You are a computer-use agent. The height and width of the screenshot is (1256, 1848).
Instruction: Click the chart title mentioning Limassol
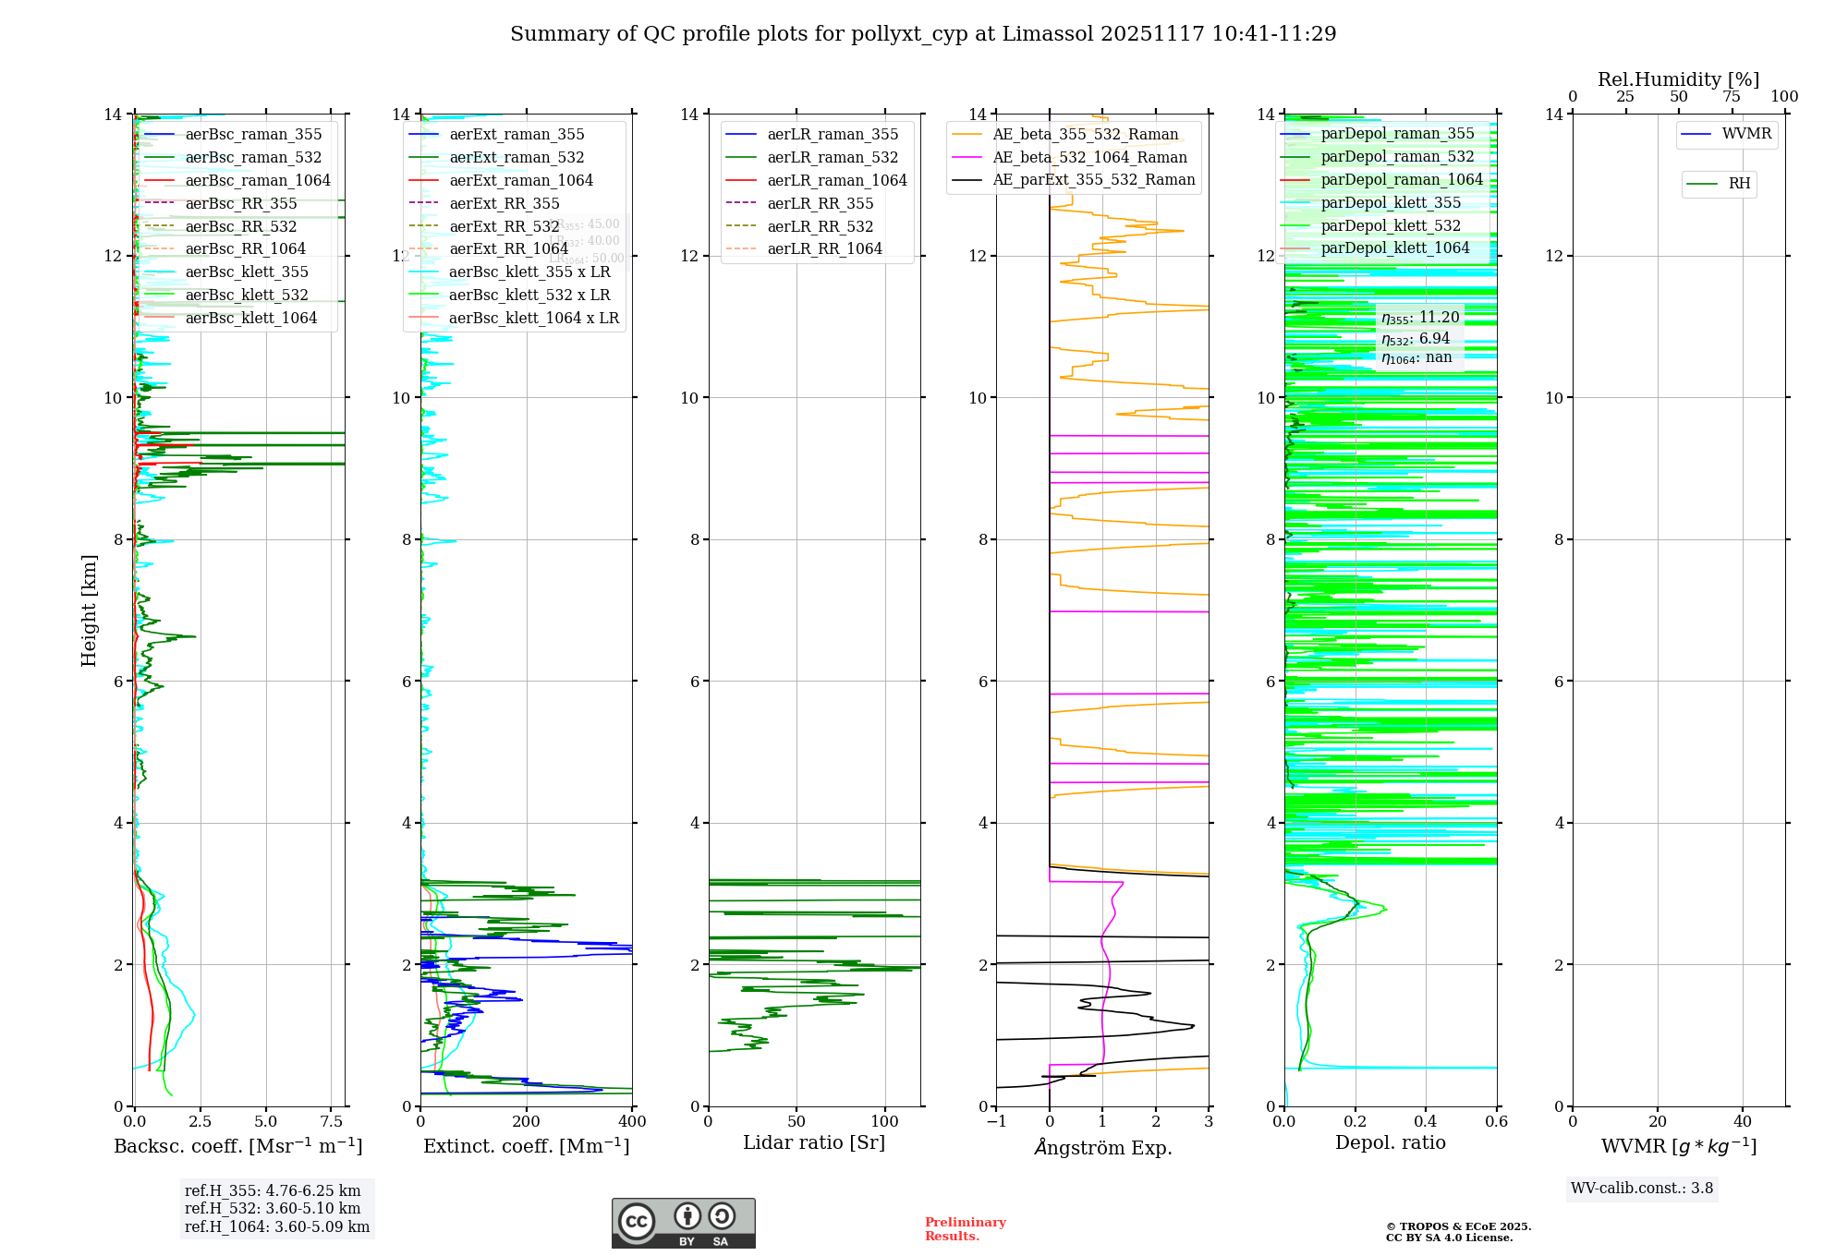(923, 34)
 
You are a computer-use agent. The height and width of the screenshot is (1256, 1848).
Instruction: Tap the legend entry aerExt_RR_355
(505, 203)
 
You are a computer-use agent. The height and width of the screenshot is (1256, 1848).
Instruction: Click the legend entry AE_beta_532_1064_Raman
(1089, 157)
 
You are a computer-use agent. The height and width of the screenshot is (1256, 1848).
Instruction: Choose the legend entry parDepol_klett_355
(1391, 202)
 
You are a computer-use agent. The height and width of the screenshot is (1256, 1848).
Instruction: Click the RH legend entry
(1739, 184)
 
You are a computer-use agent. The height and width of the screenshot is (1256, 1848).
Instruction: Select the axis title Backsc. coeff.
(238, 1146)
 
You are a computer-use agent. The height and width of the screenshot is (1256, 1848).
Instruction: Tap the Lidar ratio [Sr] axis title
(814, 1142)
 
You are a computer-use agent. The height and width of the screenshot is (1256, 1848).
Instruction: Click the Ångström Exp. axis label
(1103, 1147)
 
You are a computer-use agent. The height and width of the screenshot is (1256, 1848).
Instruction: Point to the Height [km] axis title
(89, 610)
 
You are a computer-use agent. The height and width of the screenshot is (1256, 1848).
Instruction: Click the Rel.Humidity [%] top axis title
(1678, 79)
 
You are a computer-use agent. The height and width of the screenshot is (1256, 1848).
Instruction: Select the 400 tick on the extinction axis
(632, 1122)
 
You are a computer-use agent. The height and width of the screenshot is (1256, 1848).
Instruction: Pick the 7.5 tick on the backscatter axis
(332, 1122)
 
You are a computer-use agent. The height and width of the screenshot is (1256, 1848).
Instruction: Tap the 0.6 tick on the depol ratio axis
(1496, 1122)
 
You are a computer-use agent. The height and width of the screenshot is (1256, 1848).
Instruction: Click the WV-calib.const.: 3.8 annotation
(1642, 1189)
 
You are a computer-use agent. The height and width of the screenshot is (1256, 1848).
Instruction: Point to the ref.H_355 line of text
(273, 1191)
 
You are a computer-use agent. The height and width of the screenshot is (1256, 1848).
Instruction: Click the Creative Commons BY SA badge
(683, 1223)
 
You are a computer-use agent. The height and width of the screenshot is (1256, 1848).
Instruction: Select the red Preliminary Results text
(965, 1229)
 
